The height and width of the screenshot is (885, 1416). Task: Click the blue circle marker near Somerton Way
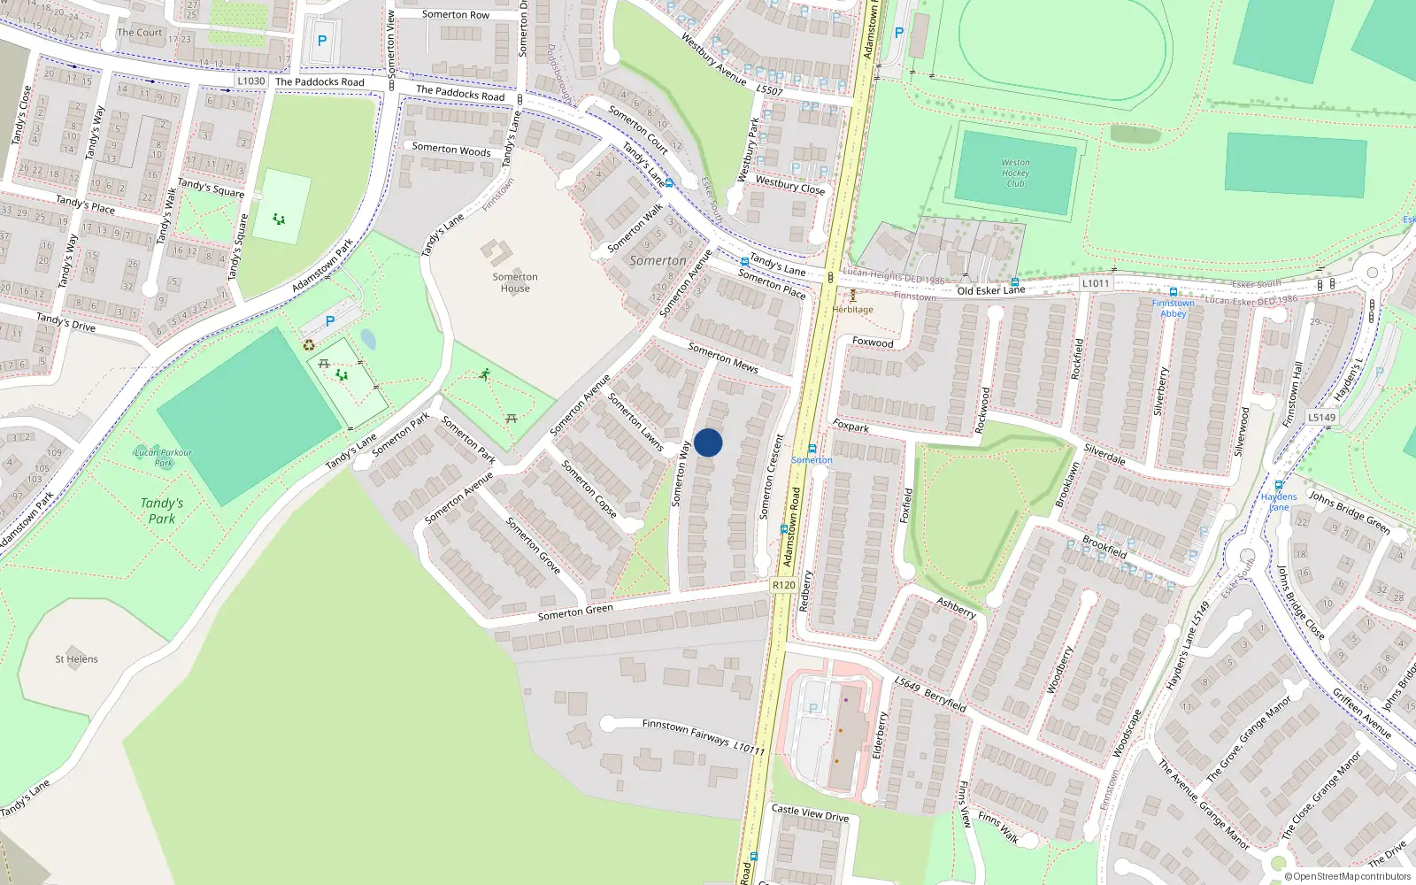[x=708, y=442]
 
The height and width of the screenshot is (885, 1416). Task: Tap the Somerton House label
[x=515, y=282]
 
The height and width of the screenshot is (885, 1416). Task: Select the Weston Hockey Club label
[x=1015, y=173]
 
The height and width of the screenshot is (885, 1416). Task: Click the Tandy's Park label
[x=162, y=511]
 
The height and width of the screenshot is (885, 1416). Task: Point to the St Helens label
[x=76, y=659]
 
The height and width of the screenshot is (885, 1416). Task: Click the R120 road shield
[x=783, y=585]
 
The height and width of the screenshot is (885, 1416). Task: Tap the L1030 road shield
[x=251, y=81]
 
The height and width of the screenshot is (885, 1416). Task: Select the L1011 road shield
[x=1096, y=283]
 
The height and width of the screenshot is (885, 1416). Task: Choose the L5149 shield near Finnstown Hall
[x=1322, y=417]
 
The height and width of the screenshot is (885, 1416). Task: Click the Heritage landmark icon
[x=853, y=296]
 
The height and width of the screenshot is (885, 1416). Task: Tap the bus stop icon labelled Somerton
[x=812, y=449]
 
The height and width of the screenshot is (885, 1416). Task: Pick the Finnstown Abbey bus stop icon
[x=1173, y=292]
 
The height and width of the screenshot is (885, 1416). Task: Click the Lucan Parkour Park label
[x=163, y=457]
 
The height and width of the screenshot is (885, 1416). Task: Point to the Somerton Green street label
[x=575, y=612]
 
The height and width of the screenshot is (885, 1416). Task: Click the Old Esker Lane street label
[x=990, y=290]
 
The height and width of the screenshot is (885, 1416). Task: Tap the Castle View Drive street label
[x=810, y=813]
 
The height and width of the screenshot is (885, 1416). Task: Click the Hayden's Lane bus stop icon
[x=1279, y=485]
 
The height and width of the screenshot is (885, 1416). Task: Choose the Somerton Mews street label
[x=723, y=357]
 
